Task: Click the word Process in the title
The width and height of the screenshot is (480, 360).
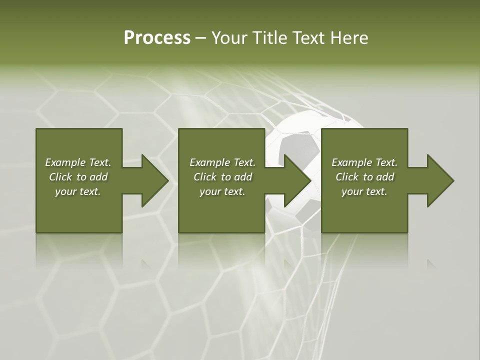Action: coord(157,38)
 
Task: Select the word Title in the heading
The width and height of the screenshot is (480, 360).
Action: coord(271,38)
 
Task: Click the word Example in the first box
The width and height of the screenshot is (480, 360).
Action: coord(65,162)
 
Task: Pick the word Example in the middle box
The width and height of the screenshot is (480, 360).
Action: coord(209,162)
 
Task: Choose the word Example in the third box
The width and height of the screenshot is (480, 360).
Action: coord(351,162)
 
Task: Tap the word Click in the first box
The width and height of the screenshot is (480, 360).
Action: coord(60,177)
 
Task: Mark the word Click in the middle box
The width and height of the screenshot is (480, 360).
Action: coord(205,177)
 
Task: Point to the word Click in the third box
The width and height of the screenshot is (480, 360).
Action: coord(347,177)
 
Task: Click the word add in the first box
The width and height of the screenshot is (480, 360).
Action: coord(98,177)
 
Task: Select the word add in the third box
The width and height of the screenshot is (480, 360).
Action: coord(385,177)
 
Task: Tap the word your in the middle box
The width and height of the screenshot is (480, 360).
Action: coord(210,192)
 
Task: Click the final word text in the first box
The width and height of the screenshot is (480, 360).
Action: coord(90,192)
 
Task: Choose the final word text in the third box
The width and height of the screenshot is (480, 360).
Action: coord(376,192)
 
